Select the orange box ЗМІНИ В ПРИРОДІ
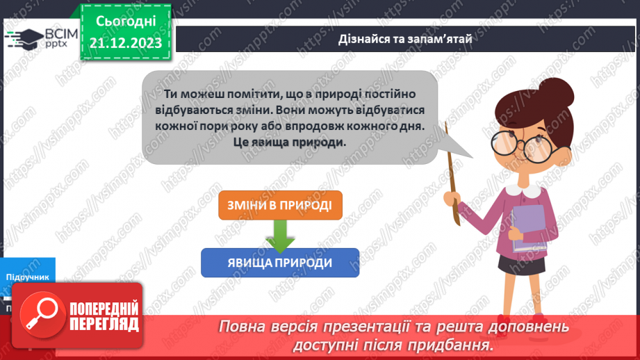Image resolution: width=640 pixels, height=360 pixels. click(280, 206)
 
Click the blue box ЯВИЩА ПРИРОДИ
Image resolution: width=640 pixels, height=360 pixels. click(280, 263)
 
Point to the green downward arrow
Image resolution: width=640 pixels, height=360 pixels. click(280, 235)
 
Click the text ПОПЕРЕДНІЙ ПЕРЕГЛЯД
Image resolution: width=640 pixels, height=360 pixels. click(105, 316)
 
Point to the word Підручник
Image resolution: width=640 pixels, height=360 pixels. click(28, 277)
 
